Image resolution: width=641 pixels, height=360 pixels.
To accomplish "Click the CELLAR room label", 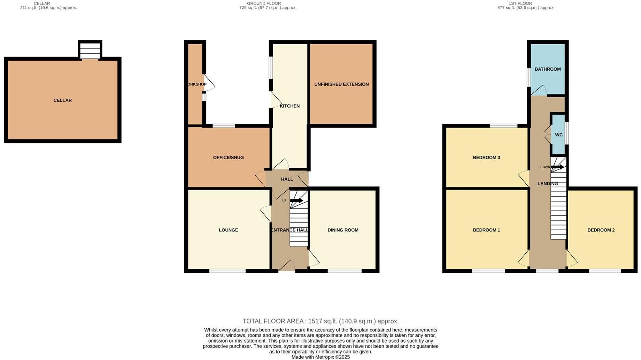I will click(x=62, y=100).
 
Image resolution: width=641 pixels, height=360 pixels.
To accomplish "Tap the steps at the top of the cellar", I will click(x=90, y=51).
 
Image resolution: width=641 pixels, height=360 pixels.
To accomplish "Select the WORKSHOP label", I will click(x=195, y=84).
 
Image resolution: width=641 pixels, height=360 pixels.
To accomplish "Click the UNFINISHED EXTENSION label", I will click(x=341, y=84).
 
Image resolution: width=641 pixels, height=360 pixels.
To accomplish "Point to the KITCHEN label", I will click(x=289, y=106).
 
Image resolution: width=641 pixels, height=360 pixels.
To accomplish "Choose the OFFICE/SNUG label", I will click(x=228, y=158).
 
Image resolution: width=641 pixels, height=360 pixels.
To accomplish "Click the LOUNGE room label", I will click(x=228, y=230).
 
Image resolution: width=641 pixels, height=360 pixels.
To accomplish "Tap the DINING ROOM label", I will click(x=343, y=230).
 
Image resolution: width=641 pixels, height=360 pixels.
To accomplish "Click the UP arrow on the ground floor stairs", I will click(x=296, y=200).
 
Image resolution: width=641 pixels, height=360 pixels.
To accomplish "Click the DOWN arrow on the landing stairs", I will click(x=557, y=167).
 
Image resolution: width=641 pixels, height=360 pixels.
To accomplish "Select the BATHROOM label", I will click(x=547, y=69).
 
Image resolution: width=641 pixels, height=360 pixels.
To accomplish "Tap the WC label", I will click(x=558, y=135).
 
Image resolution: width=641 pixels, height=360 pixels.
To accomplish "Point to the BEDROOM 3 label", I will click(x=486, y=158).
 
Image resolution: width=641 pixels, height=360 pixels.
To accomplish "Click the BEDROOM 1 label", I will click(x=486, y=230).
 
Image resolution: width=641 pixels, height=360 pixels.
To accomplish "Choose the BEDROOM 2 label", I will click(x=601, y=230).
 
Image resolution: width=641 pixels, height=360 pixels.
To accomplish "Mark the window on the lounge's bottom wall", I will click(x=227, y=271).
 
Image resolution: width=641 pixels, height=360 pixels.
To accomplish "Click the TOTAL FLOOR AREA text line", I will click(x=320, y=321).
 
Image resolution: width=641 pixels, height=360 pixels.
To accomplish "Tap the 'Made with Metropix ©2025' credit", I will click(x=320, y=357).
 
